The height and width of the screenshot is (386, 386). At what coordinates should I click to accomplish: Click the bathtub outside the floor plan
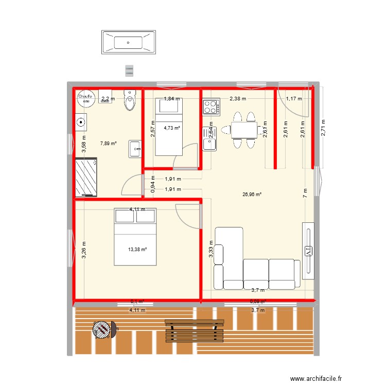click(129, 42)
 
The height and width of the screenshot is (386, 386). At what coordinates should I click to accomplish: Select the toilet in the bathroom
click(130, 102)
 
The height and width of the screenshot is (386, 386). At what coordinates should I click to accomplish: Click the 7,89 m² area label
click(94, 144)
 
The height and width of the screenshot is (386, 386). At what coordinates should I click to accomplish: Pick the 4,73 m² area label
click(172, 128)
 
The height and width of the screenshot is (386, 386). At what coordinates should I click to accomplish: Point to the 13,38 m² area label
click(137, 250)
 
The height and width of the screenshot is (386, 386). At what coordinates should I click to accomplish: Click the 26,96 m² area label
click(252, 195)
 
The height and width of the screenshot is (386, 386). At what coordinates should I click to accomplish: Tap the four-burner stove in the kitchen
click(210, 107)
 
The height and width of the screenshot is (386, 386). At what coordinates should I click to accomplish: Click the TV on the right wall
click(308, 251)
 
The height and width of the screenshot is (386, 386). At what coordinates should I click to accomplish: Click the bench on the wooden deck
click(195, 330)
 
